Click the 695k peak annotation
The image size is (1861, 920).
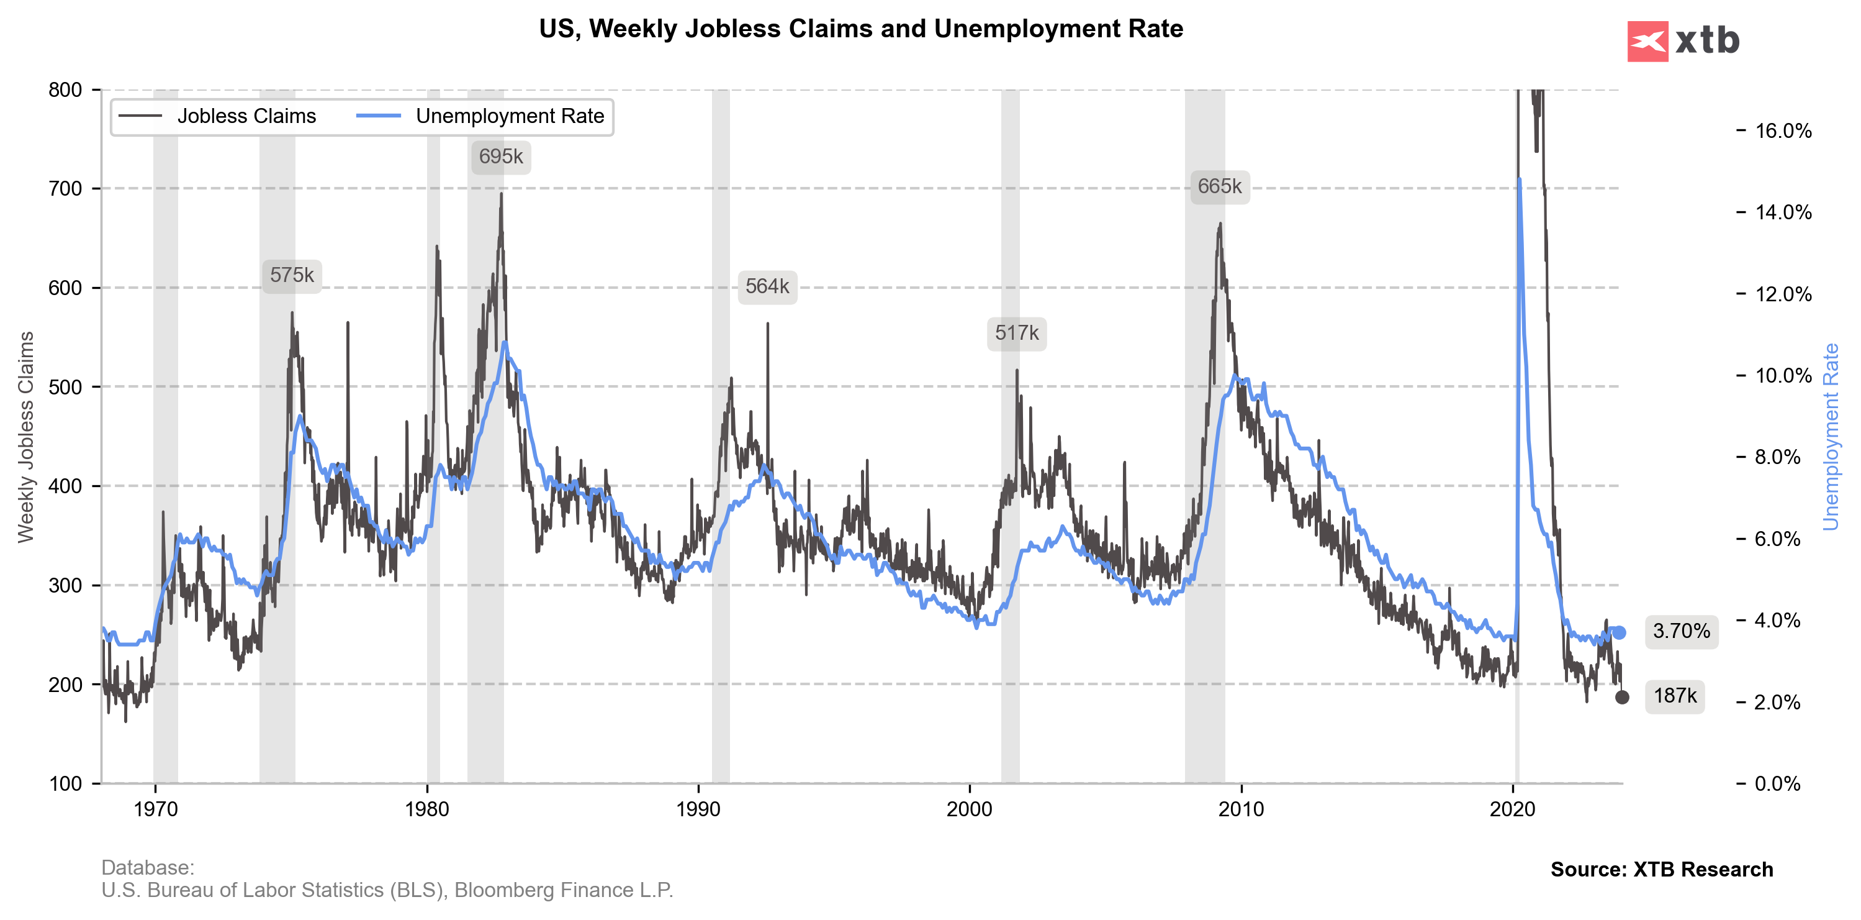tap(501, 157)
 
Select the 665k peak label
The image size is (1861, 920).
tap(1220, 186)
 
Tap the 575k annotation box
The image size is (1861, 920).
tap(292, 275)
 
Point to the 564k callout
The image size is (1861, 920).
tap(767, 287)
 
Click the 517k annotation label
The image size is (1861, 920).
tap(1016, 333)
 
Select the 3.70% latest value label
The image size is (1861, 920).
tap(1681, 632)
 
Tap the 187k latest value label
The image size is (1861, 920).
tap(1675, 696)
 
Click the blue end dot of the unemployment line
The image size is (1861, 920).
tap(1620, 633)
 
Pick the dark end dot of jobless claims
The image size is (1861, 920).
tap(1622, 698)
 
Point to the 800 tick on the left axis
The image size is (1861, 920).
tap(65, 90)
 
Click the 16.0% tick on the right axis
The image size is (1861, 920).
tap(1783, 131)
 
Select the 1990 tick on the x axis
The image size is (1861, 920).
tap(698, 809)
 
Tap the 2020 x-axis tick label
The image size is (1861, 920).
tap(1513, 809)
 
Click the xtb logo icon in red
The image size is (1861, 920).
tap(1647, 41)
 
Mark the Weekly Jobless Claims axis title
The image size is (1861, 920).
tap(26, 437)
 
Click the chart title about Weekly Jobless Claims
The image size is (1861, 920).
tap(860, 29)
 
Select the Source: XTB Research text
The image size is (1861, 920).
tap(1661, 870)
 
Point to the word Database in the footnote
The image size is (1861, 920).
tap(146, 867)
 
